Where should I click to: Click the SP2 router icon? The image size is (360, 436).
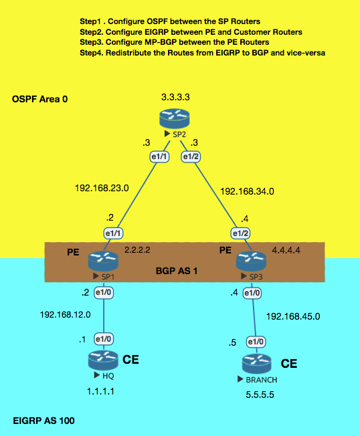pos(175,119)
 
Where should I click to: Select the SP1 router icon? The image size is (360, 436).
pos(103,261)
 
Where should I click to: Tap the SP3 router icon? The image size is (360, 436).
pos(251,261)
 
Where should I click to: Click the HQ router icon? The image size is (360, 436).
pos(103,360)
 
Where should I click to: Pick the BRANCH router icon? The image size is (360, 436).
pos(256,364)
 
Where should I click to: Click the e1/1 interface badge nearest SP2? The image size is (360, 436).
pos(159,157)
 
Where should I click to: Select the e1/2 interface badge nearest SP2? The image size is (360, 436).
pos(191,157)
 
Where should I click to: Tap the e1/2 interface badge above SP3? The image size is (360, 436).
pos(240,233)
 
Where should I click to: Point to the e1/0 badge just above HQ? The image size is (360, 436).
pos(104,339)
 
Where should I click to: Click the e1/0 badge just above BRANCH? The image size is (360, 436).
pos(256,342)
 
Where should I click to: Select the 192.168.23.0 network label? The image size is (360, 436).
pos(102,189)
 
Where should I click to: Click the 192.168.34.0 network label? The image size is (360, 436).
pos(247,191)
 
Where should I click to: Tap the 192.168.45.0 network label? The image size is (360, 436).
pos(293,316)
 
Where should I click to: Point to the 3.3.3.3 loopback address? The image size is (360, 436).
pos(175,98)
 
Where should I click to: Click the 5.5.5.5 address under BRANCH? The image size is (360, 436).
pos(260,395)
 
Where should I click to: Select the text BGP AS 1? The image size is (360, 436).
pos(177,271)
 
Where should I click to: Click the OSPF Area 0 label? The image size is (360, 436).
pos(39,99)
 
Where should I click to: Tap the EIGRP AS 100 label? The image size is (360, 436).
pos(43,421)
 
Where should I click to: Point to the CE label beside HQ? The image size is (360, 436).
pos(130,360)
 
